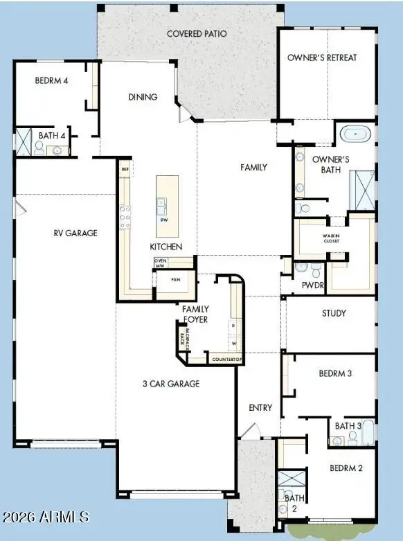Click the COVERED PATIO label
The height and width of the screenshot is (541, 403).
coord(197,33)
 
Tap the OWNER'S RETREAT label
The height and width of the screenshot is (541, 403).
coord(322,57)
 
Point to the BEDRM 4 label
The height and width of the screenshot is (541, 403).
coord(52,80)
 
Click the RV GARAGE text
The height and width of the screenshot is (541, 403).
coord(75,233)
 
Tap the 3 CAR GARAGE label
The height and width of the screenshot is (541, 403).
coord(171,384)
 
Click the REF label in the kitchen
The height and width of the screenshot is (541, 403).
coord(125,169)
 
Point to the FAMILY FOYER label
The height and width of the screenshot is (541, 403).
coord(195,314)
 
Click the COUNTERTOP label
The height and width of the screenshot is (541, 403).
coord(226,360)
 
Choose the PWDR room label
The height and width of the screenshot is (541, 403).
coord(309,285)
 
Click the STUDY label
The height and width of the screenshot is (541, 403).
coord(334,313)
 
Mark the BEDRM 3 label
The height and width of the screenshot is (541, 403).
coord(335,373)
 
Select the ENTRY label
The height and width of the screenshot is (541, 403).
coord(260,408)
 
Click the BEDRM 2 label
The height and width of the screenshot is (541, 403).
coord(346,468)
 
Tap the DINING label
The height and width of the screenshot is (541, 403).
coord(143,98)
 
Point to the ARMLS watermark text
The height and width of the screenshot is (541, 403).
coord(46,517)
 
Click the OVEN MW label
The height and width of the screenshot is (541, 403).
coord(160,263)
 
